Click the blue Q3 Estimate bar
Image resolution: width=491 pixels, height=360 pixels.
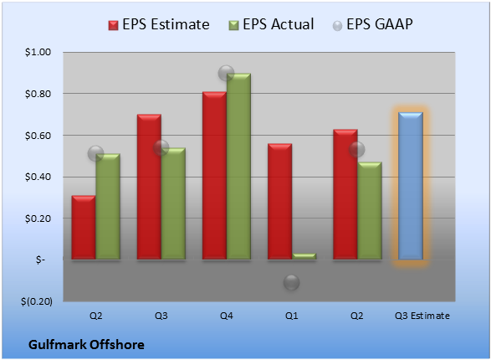click(411, 186)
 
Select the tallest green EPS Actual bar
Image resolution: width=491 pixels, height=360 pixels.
click(238, 167)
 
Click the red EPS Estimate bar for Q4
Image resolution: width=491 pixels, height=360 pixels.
click(214, 176)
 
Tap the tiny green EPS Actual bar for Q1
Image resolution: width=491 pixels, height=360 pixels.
click(304, 256)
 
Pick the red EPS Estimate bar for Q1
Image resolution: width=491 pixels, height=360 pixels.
click(280, 202)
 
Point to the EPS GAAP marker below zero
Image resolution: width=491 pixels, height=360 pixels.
click(292, 282)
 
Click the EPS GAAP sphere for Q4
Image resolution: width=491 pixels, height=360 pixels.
click(226, 74)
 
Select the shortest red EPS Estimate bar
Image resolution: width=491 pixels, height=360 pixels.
click(84, 228)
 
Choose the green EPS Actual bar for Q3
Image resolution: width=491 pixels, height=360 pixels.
click(173, 203)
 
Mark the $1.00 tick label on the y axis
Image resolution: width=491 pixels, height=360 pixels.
click(38, 52)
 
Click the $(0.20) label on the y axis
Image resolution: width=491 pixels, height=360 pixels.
click(37, 301)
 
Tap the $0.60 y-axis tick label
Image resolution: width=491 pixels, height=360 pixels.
click(38, 136)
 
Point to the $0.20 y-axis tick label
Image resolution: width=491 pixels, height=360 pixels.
click(38, 219)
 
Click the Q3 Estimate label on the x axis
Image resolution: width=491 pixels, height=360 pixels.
click(422, 316)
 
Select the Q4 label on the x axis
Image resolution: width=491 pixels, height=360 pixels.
click(227, 316)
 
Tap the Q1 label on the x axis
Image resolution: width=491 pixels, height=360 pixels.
click(292, 316)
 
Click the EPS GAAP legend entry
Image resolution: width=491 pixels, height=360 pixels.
click(372, 24)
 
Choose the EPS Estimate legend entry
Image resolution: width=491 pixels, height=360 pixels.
click(159, 24)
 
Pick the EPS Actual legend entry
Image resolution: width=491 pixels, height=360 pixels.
click(271, 24)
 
